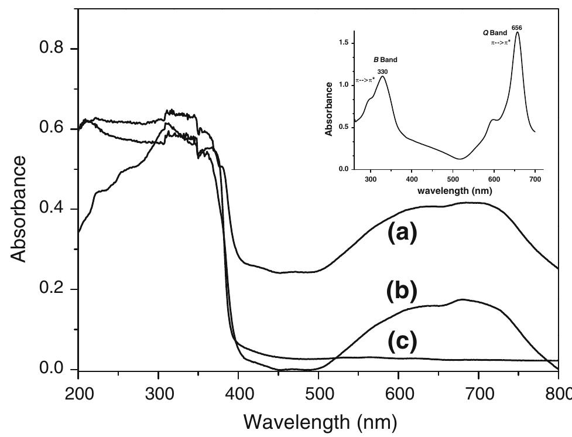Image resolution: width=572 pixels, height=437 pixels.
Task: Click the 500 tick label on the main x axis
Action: point(318,392)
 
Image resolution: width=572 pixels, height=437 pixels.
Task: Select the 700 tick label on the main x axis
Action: point(478,392)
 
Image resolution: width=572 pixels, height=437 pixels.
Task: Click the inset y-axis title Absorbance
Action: point(330,109)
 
